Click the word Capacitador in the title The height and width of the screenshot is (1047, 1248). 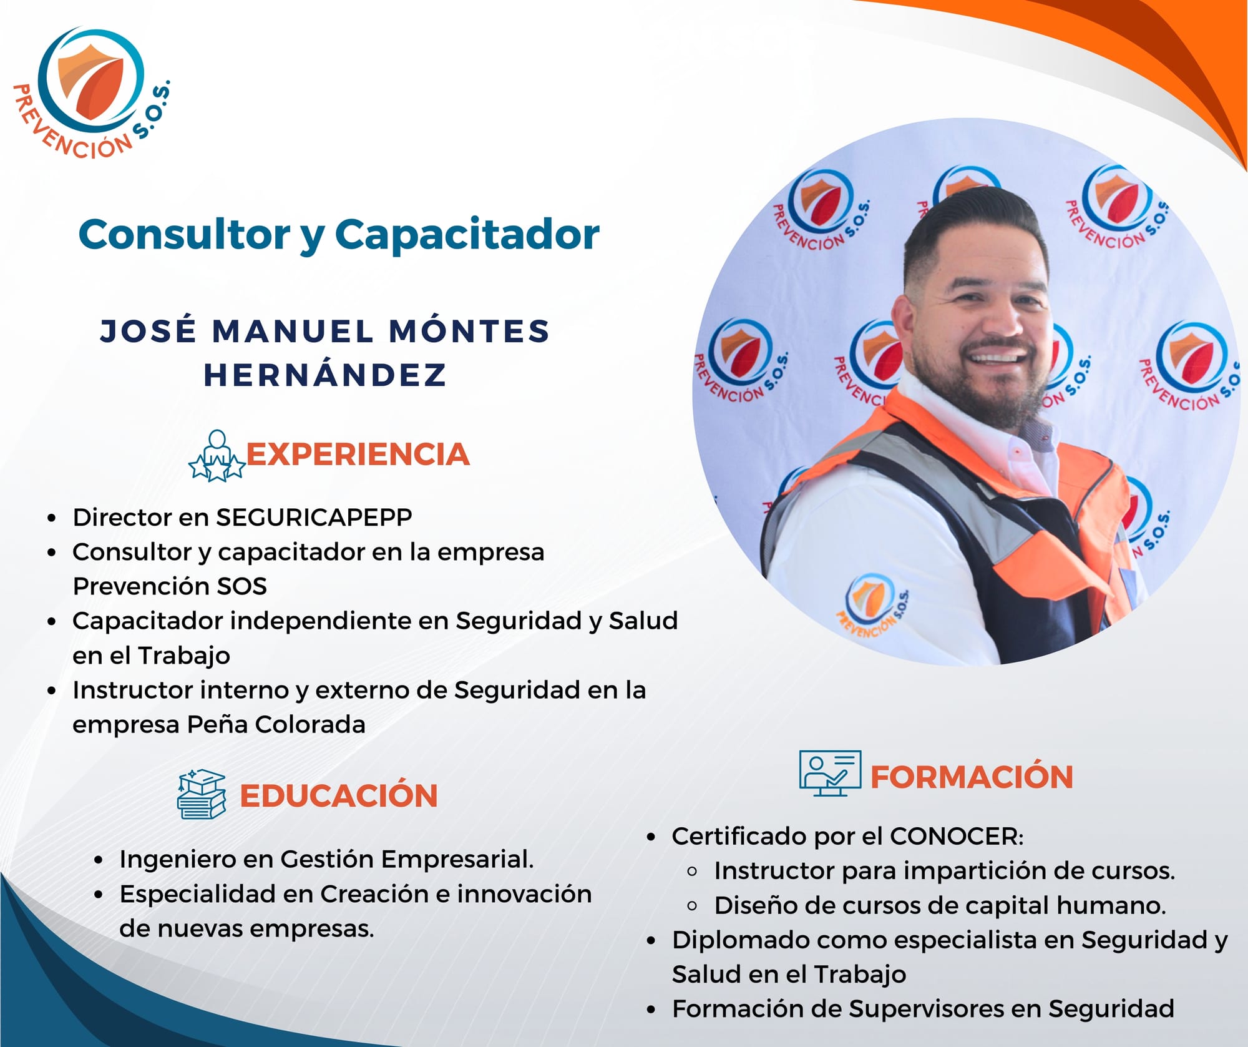(x=467, y=235)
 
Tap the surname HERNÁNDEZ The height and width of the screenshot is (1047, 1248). (x=325, y=375)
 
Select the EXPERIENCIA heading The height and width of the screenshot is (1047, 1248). (x=358, y=455)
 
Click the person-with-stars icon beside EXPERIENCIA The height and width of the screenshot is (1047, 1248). (x=217, y=456)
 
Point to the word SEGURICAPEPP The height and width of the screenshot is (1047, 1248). (x=314, y=518)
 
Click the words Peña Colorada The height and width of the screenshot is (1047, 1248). (x=276, y=725)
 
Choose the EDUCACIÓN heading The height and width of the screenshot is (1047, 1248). (x=339, y=796)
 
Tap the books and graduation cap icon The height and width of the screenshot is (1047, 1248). (x=201, y=794)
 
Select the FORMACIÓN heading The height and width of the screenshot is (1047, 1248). (x=972, y=777)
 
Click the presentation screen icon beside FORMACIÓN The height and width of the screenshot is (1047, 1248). (x=830, y=774)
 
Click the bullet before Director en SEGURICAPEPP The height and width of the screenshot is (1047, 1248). (x=52, y=518)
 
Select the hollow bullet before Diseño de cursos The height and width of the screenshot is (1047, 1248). (x=691, y=906)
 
